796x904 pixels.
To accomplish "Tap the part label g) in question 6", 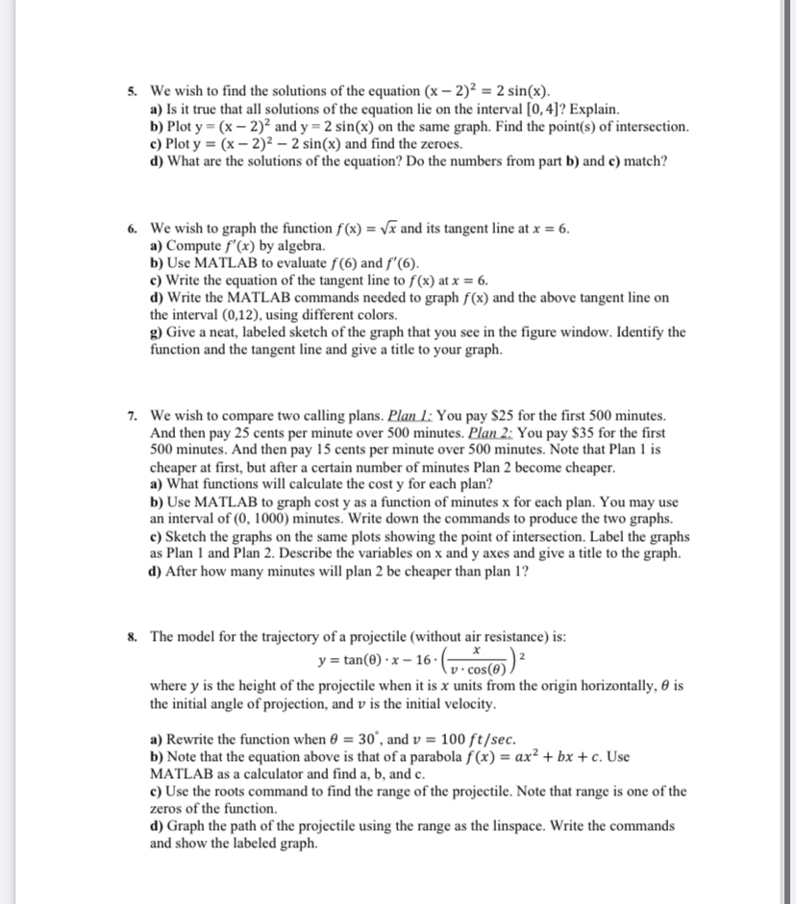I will coord(157,332).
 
